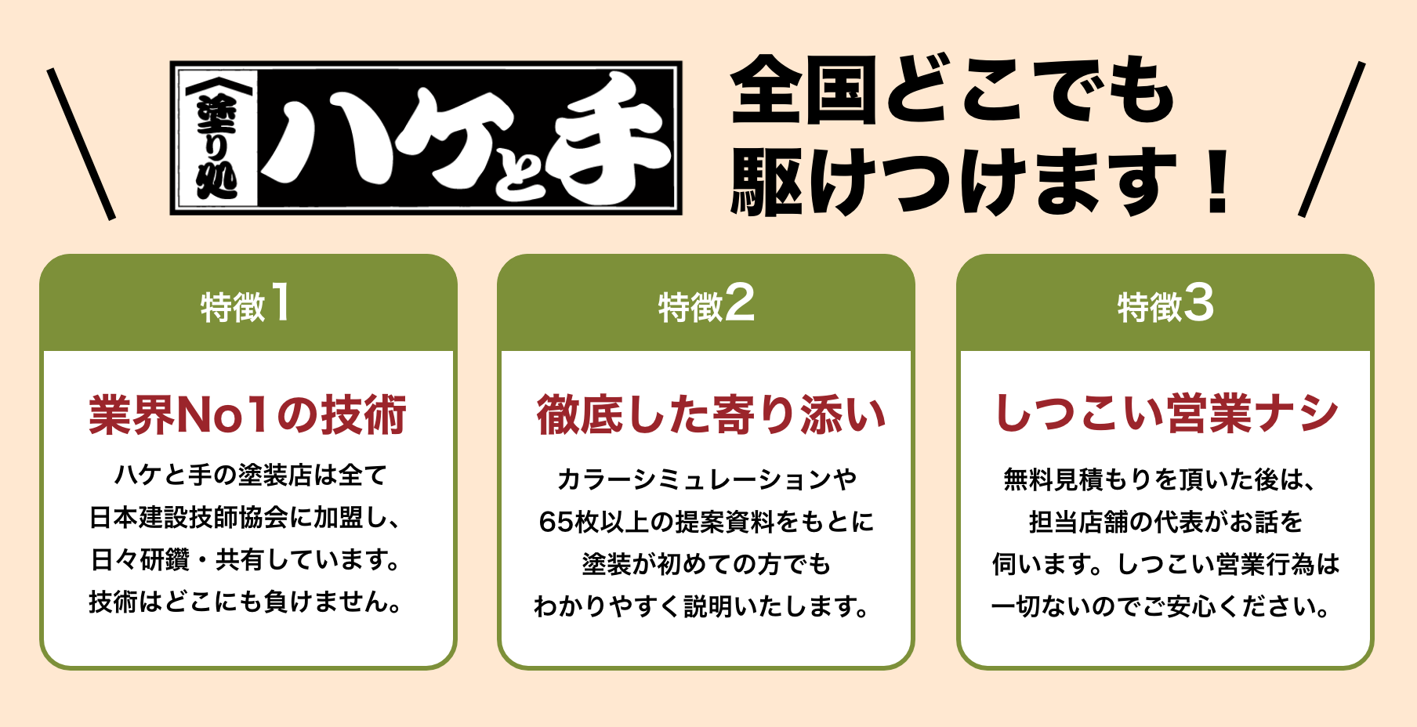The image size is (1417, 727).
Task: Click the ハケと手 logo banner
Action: click(x=426, y=138)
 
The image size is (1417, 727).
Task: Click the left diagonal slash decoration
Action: click(x=81, y=143)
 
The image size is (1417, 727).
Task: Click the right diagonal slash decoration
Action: click(x=1332, y=139)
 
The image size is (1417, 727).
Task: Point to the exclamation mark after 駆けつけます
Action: click(x=1217, y=183)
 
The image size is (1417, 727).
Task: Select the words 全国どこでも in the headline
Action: click(x=951, y=90)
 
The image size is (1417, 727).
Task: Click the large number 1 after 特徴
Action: click(x=280, y=303)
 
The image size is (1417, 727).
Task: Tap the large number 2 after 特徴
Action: click(x=739, y=303)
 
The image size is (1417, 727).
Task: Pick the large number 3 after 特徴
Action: click(x=1198, y=303)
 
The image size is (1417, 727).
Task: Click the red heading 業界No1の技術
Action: click(x=248, y=414)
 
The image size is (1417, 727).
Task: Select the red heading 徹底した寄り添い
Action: click(x=710, y=414)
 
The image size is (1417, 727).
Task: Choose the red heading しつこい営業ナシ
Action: click(x=1165, y=413)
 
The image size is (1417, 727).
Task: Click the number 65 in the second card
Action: click(x=556, y=522)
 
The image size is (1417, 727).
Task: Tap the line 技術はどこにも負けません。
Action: click(x=246, y=602)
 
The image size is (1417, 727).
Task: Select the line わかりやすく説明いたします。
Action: click(x=702, y=606)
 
